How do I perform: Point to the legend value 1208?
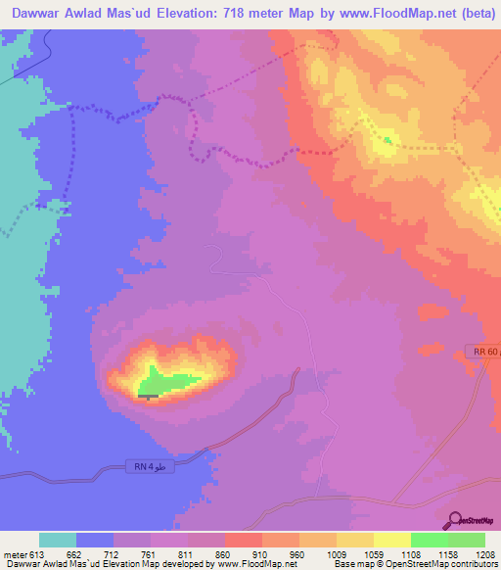(x=474, y=554)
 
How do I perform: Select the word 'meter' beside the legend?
(x=15, y=554)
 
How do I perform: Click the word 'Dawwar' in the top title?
(x=40, y=13)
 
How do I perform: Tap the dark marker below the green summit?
(x=148, y=396)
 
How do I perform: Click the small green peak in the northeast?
(x=387, y=140)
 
